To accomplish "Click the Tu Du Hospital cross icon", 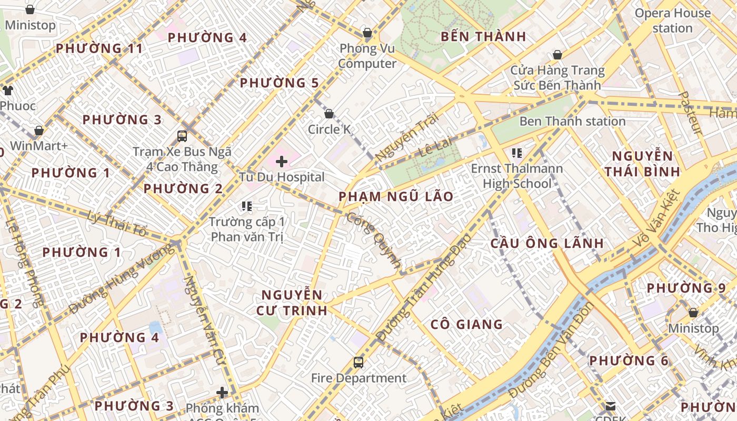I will point(282,162).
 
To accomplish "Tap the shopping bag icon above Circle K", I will point(329,114).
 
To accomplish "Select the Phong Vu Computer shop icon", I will point(367,33).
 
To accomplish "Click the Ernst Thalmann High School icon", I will point(516,153).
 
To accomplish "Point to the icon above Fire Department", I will point(358,362).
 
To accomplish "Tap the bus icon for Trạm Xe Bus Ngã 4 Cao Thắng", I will point(182,136).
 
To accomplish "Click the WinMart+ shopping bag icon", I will point(39,131).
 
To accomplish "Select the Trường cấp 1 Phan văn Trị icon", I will point(247,206).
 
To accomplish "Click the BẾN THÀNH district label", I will point(483,37).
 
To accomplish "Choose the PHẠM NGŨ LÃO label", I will point(396,197).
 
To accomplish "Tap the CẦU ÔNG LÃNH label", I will point(547,244).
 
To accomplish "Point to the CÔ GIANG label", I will point(466,324).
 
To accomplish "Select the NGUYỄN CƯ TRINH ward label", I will point(292,303).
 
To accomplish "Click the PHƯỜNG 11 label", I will point(99,49).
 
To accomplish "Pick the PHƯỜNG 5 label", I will point(280,83).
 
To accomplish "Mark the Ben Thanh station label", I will point(572,122).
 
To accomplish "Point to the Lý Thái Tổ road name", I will point(117,222).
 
